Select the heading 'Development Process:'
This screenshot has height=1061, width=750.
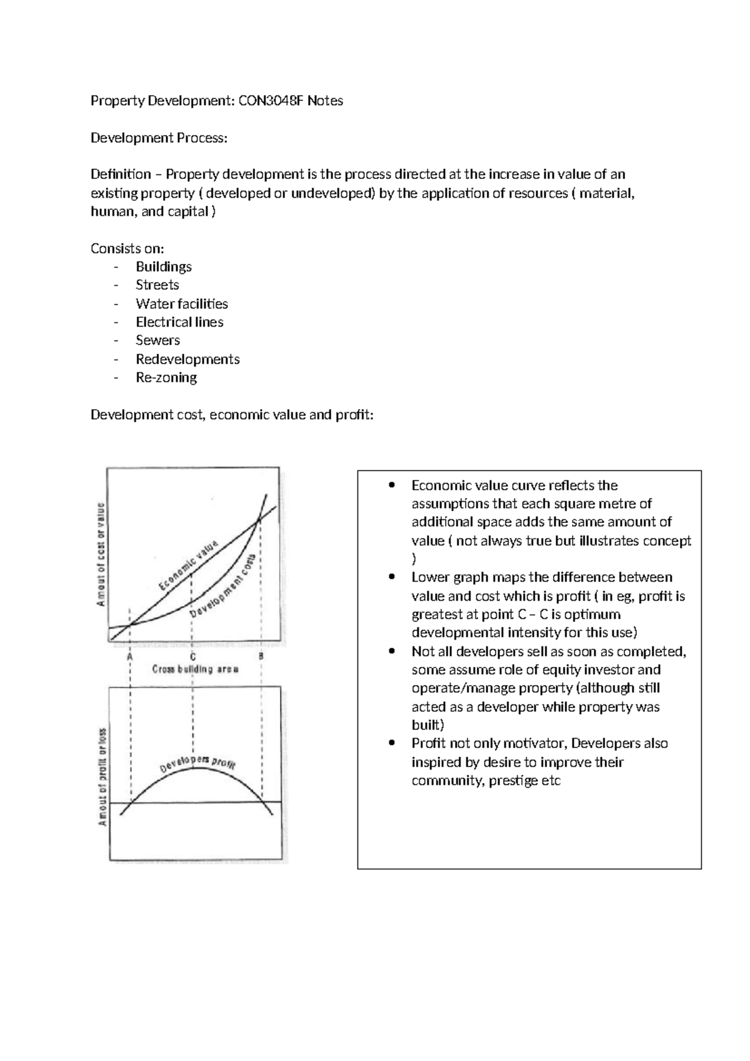click(159, 138)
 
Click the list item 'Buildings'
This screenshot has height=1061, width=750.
click(163, 267)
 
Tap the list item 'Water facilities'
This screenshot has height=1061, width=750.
click(181, 303)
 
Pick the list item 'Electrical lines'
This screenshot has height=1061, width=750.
click(179, 322)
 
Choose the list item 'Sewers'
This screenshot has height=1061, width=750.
click(157, 340)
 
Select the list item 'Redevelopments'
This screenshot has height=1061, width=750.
click(187, 359)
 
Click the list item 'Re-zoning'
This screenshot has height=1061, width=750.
click(166, 377)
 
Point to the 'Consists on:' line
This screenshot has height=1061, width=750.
click(127, 248)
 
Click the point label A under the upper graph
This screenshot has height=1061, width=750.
click(130, 657)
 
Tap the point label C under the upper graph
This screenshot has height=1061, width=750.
click(193, 657)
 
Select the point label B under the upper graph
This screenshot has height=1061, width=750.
click(261, 657)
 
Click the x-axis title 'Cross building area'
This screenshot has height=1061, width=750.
click(196, 669)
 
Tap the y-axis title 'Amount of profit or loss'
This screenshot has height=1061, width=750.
click(103, 776)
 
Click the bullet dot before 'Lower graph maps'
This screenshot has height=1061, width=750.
click(392, 577)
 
